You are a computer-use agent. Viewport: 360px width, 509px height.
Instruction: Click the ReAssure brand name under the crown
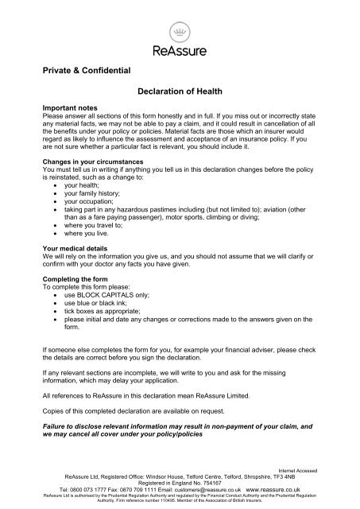[x=180, y=51]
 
